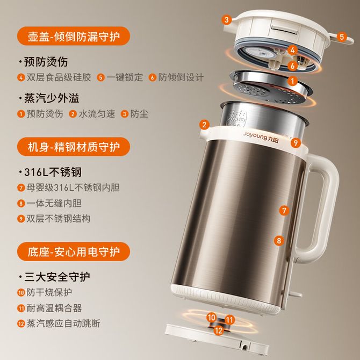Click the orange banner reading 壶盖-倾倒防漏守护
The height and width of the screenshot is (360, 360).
pos(74,36)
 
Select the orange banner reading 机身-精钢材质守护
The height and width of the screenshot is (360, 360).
pos(74,147)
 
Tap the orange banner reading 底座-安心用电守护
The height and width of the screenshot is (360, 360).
pos(74,251)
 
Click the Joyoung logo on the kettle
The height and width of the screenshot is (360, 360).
pos(261,137)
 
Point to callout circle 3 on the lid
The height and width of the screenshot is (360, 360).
pos(227,19)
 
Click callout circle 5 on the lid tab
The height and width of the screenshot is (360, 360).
pos(342,37)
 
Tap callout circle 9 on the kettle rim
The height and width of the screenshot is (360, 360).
pos(296,143)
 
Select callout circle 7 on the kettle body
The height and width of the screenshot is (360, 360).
pos(284,211)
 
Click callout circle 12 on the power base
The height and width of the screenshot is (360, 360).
pos(218,330)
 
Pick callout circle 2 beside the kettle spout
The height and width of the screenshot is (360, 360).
pos(204,125)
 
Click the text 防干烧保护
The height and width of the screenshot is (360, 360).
pos(49,292)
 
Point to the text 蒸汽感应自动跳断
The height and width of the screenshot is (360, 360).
pos(63,323)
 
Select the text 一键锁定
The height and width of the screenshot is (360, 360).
pos(125,77)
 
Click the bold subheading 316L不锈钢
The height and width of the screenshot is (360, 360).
pos(53,172)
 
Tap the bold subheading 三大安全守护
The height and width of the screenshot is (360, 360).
pos(57,277)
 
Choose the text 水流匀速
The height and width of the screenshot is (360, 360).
pos(97,114)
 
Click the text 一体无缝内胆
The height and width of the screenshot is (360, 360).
pos(54,203)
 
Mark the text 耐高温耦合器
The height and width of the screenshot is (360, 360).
pos(54,308)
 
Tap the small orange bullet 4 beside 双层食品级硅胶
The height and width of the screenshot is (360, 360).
pos(21,77)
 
